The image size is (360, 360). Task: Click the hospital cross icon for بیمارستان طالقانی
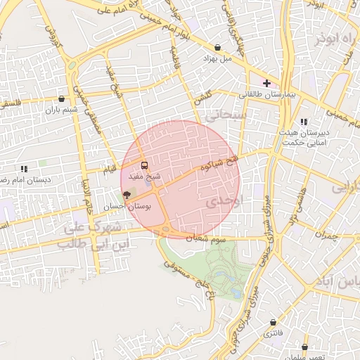tap(266, 83)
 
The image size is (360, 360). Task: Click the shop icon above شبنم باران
tap(63, 99)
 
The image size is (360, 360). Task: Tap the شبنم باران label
tap(60, 110)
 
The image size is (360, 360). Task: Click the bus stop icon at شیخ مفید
tap(144, 166)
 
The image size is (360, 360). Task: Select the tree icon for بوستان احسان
tap(127, 195)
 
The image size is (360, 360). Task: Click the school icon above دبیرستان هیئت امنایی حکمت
tap(303, 122)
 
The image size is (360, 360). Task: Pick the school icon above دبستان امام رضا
tap(24, 169)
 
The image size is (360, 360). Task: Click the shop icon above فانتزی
tap(273, 322)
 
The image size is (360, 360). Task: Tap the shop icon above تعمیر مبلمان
tap(304, 347)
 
